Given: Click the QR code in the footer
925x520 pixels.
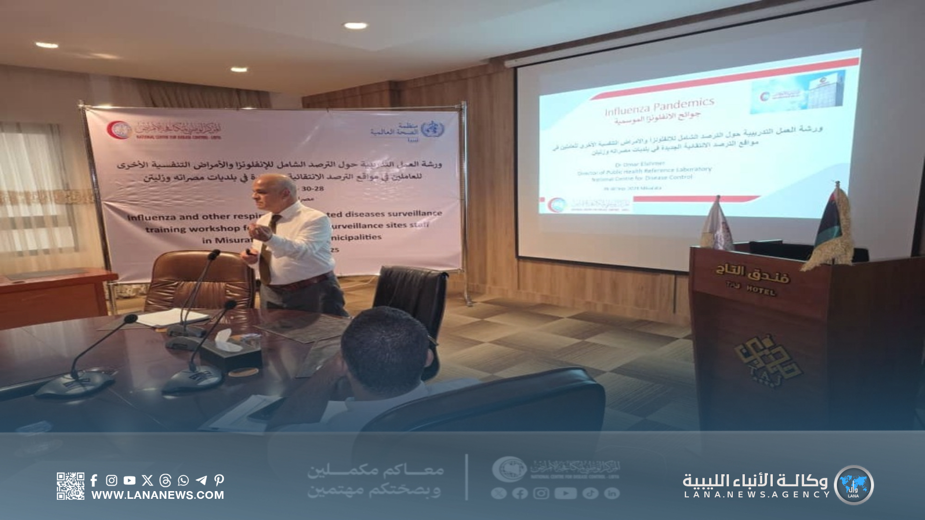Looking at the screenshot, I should (70, 486).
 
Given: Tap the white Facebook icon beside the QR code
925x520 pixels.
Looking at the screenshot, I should (94, 480).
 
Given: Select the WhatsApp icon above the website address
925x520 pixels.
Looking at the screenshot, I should (183, 480).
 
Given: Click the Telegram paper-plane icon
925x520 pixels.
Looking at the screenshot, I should (201, 480).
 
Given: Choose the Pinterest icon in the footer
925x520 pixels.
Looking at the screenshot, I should (219, 480).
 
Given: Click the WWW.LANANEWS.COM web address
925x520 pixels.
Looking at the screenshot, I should (158, 495).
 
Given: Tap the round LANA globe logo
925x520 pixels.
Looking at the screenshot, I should (853, 485).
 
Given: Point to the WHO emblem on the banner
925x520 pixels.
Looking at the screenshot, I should (432, 129).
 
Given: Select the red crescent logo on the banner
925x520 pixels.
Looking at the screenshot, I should (119, 130).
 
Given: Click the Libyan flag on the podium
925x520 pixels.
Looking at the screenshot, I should (832, 224).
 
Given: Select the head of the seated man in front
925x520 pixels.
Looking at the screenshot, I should (385, 351).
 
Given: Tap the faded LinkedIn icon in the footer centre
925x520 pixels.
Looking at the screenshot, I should (612, 493).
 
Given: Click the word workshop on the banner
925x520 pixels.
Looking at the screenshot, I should (216, 229).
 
